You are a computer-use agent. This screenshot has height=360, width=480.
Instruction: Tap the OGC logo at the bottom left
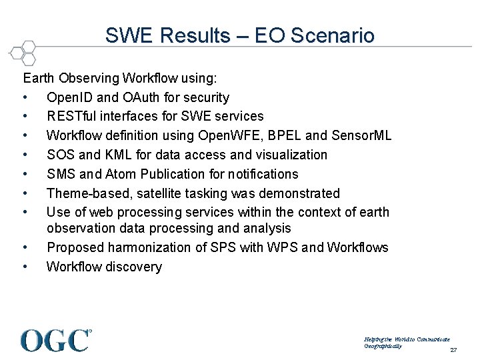(x=56, y=340)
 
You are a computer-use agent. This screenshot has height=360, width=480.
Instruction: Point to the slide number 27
(x=453, y=351)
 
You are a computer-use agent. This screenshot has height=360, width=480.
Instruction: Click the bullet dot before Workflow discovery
(x=25, y=267)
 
